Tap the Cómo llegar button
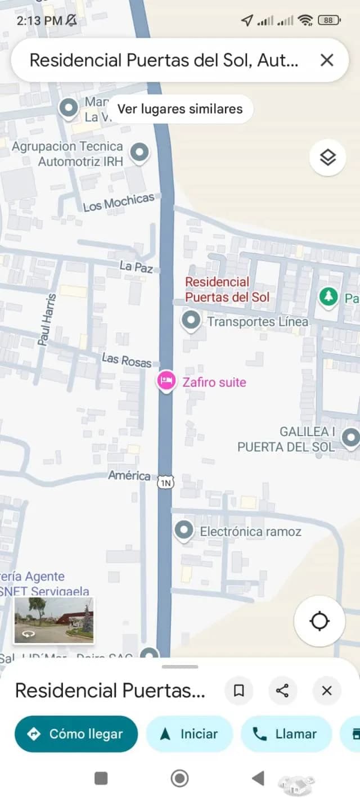click(76, 734)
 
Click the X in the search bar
click(327, 60)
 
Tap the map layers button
click(327, 158)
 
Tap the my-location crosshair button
click(319, 621)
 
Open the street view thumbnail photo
click(54, 620)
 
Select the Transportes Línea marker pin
click(191, 321)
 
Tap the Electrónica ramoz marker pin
click(183, 531)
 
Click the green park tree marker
click(327, 296)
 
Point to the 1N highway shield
click(165, 482)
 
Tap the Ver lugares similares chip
click(180, 109)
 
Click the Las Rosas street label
click(127, 359)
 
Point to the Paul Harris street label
click(47, 319)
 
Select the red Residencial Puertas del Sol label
click(227, 290)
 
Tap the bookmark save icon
click(238, 691)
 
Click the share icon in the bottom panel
click(282, 691)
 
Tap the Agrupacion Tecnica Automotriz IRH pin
click(139, 152)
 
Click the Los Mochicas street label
click(119, 203)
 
